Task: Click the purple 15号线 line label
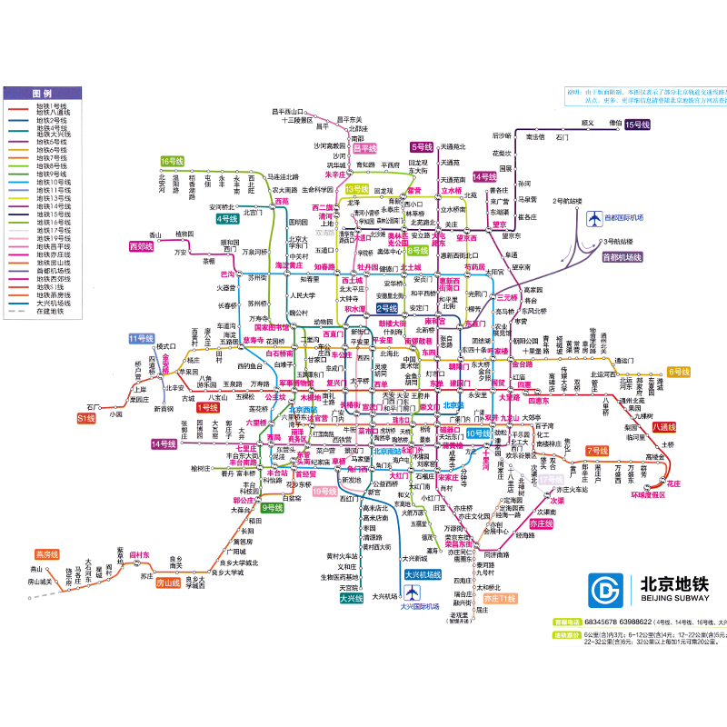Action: tap(639, 124)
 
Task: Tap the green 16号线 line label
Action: tap(173, 161)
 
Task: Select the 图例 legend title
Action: tap(42, 94)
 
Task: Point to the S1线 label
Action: tap(86, 418)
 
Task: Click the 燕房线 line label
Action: tap(45, 553)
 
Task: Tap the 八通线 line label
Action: tap(664, 426)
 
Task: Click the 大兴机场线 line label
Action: tap(422, 575)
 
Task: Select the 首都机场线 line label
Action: tap(622, 257)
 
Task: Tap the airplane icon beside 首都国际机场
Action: tap(596, 218)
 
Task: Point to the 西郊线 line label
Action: tap(142, 246)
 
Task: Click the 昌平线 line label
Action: tap(364, 147)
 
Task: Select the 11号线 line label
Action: tap(142, 339)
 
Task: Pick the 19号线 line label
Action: tap(325, 492)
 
